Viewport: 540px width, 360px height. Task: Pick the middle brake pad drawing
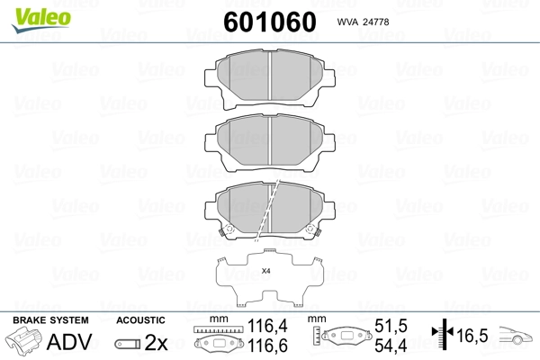coord(270,141)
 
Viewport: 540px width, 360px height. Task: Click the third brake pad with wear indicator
coord(270,209)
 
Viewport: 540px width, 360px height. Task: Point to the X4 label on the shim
coord(265,271)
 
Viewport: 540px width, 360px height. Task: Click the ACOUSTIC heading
coord(141,320)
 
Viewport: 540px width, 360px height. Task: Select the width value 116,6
coord(261,346)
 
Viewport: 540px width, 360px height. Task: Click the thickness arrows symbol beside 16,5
coord(442,335)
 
